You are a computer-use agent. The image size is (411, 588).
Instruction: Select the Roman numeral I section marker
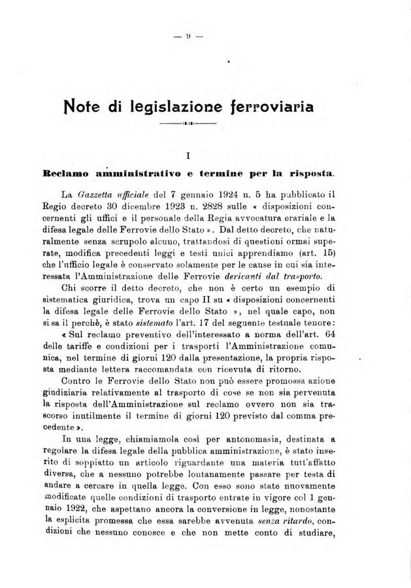pyautogui.click(x=188, y=155)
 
